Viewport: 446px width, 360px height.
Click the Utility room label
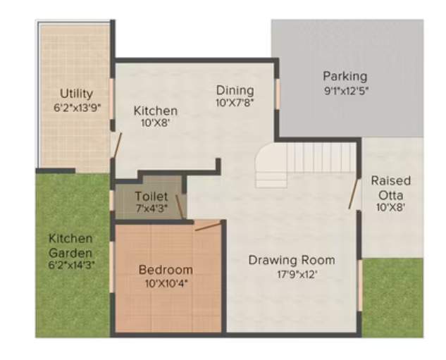(76, 93)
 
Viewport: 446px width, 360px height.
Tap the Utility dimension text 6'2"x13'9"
(76, 108)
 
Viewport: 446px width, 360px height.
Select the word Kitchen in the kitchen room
(155, 111)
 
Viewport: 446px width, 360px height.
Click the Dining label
(235, 89)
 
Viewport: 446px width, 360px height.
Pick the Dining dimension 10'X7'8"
(235, 102)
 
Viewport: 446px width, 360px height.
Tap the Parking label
(345, 76)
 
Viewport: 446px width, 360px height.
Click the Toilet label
(151, 196)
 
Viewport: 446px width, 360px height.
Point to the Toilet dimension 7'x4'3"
(151, 209)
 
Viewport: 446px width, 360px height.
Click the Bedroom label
(166, 269)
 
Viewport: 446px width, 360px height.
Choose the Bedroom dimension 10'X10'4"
(166, 283)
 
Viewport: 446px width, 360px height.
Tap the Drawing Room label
(291, 260)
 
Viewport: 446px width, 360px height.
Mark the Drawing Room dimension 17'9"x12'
(291, 274)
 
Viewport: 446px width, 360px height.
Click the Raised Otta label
(390, 187)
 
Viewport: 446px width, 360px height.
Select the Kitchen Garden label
(70, 245)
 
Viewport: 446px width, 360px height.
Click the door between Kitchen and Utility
(116, 146)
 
